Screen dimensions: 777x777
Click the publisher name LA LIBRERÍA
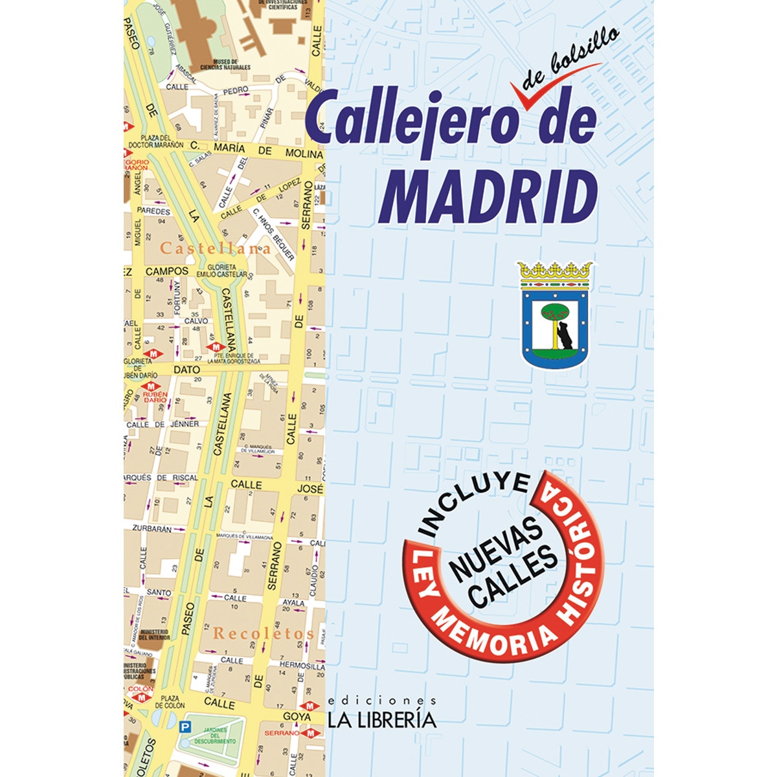pyautogui.click(x=382, y=719)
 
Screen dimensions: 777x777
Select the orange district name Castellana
pyautogui.click(x=216, y=248)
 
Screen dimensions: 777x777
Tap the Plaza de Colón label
pyautogui.click(x=170, y=701)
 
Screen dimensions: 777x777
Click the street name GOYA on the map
pyautogui.click(x=297, y=717)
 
